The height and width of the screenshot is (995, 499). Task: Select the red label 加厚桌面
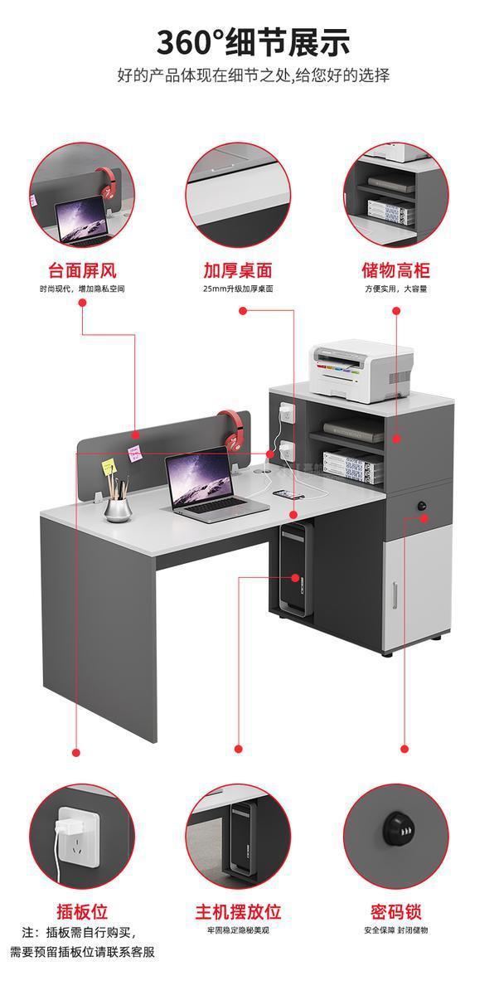click(x=238, y=270)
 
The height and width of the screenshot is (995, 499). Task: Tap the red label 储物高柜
click(x=395, y=270)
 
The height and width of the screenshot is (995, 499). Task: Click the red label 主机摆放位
click(x=238, y=913)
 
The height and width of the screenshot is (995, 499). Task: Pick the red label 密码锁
click(x=395, y=913)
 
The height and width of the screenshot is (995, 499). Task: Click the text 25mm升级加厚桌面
click(x=238, y=289)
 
